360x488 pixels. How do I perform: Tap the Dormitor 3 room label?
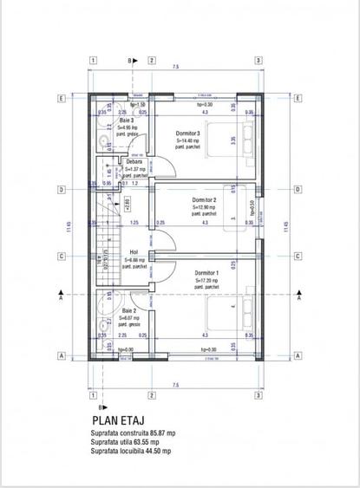(x=187, y=133)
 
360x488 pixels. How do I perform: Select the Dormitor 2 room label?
(x=204, y=200)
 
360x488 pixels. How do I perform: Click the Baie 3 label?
(x=127, y=120)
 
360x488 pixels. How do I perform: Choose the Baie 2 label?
(x=128, y=309)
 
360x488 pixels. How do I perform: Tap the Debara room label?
(x=134, y=162)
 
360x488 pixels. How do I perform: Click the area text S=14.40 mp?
(x=188, y=140)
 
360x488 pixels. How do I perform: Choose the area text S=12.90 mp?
(x=204, y=207)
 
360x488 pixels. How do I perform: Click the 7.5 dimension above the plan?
(x=175, y=67)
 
